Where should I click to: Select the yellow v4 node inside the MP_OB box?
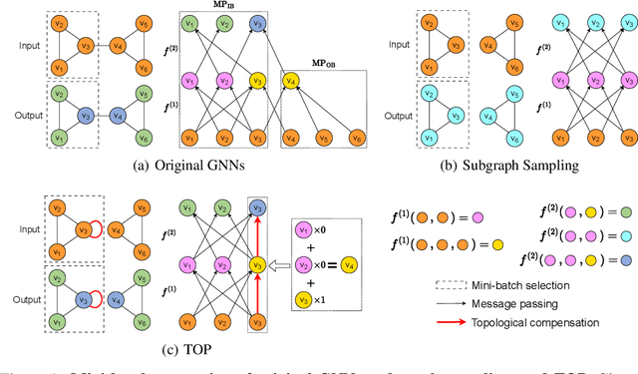[292, 80]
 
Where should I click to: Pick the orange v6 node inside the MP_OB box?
[356, 137]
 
